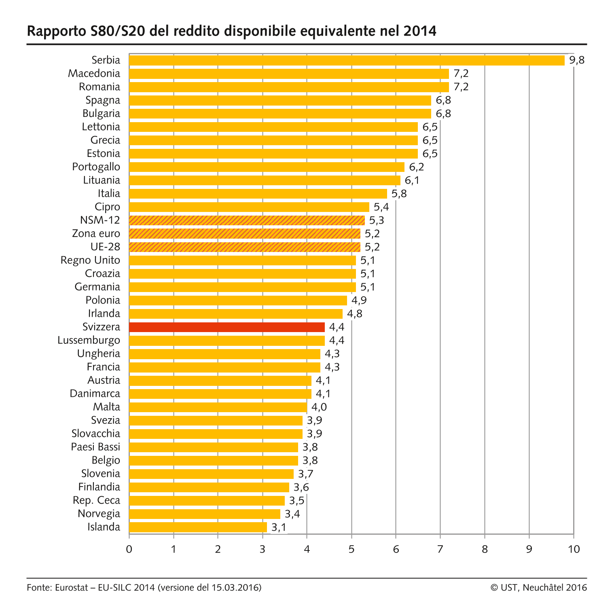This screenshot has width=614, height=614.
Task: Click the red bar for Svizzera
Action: click(x=227, y=327)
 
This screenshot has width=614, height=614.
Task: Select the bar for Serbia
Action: click(x=347, y=60)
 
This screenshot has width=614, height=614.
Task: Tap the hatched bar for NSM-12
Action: click(x=247, y=220)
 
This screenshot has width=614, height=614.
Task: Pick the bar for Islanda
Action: click(x=198, y=527)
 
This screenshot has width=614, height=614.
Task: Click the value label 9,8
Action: click(x=577, y=60)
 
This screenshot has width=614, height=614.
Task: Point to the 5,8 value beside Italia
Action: click(x=399, y=194)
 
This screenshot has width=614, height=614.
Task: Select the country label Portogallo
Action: click(x=96, y=167)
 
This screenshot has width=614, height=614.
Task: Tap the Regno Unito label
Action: click(x=90, y=260)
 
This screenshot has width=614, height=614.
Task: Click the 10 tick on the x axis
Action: click(x=574, y=549)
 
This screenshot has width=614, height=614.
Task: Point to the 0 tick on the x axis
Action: click(x=129, y=549)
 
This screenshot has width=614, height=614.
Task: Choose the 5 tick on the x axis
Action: click(x=351, y=549)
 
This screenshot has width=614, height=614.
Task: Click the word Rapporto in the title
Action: click(x=56, y=31)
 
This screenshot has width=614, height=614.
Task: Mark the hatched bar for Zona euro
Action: click(x=244, y=233)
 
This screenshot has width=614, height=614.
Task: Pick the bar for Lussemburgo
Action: click(x=227, y=340)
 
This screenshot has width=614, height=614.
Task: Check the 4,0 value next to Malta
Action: click(x=319, y=407)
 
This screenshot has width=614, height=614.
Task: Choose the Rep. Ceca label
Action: click(x=96, y=500)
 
